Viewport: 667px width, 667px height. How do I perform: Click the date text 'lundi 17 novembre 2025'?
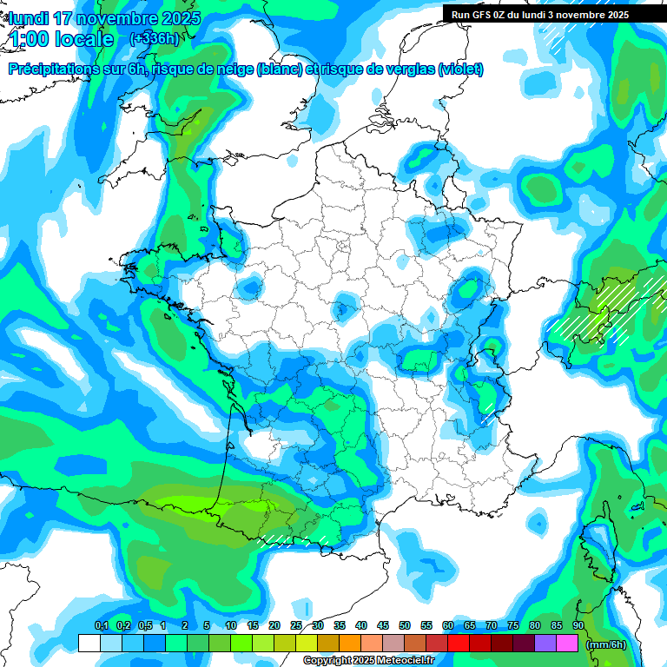pyautogui.click(x=104, y=18)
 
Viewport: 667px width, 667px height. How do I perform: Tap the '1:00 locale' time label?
pyautogui.click(x=61, y=39)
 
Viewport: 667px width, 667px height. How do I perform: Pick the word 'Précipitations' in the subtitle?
pyautogui.click(x=53, y=69)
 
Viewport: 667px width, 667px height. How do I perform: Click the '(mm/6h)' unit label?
pyautogui.click(x=606, y=644)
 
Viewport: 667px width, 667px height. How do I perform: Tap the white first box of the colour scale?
pyautogui.click(x=89, y=643)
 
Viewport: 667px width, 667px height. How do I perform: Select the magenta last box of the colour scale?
pyautogui.click(x=567, y=643)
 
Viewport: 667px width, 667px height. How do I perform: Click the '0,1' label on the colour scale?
pyautogui.click(x=102, y=626)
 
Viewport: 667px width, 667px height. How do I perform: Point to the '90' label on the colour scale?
pyautogui.click(x=578, y=626)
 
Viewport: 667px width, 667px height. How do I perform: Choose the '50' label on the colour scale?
pyautogui.click(x=405, y=626)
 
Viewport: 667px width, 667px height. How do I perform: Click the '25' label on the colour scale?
pyautogui.click(x=296, y=626)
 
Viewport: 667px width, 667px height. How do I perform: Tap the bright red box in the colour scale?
pyautogui.click(x=459, y=643)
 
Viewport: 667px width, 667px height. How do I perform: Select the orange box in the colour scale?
pyautogui.click(x=350, y=643)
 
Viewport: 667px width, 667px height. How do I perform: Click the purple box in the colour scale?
pyautogui.click(x=545, y=643)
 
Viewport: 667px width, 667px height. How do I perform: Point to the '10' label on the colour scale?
pyautogui.click(x=231, y=626)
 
